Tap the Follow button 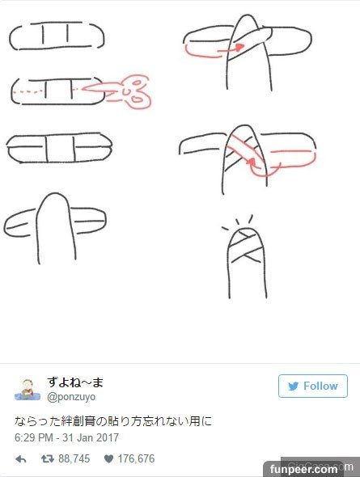click(313, 386)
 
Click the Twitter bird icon click(294, 386)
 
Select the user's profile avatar click(28, 390)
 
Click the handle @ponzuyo click(71, 397)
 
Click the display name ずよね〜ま click(75, 382)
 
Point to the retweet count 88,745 click(74, 458)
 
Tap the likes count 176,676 click(137, 458)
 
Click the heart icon click(108, 458)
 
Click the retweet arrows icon click(48, 458)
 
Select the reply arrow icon click(21, 459)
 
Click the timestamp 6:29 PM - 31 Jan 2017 click(66, 437)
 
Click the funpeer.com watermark click(303, 469)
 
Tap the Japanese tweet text click(113, 421)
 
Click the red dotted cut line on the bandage click(31, 91)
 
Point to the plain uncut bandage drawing click(57, 36)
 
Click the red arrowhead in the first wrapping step click(240, 47)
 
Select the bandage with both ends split click(59, 147)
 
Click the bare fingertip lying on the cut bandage click(56, 228)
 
